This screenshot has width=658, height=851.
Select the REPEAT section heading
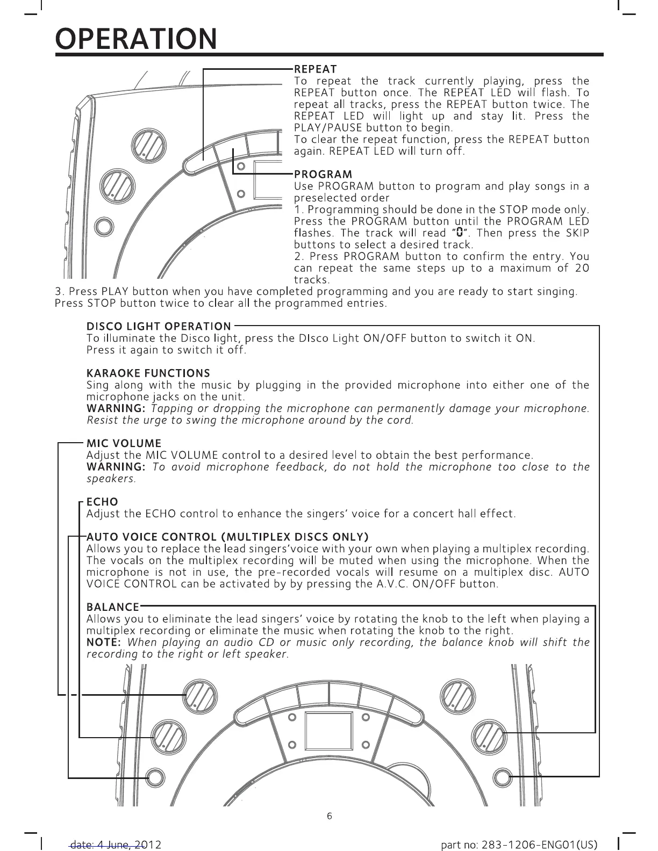(315, 69)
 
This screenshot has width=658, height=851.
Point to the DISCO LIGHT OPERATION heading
(159, 326)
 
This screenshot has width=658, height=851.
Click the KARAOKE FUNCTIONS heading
(148, 373)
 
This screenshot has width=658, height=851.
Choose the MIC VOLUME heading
(124, 443)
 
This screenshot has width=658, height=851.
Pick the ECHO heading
(102, 502)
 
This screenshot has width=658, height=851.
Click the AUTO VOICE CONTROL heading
(227, 537)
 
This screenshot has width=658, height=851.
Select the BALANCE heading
(113, 607)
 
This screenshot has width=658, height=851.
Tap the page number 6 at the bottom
(330, 816)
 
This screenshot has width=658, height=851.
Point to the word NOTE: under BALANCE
(105, 643)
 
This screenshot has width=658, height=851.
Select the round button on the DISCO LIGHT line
(502, 777)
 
